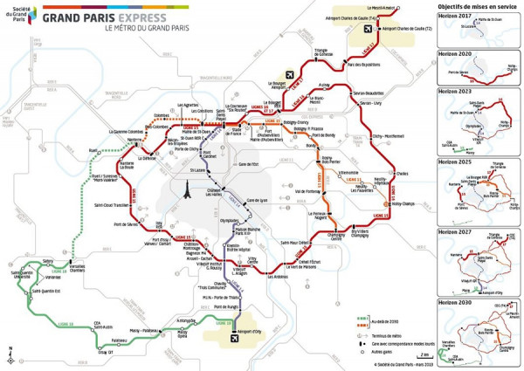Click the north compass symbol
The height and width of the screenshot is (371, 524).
[10, 354]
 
